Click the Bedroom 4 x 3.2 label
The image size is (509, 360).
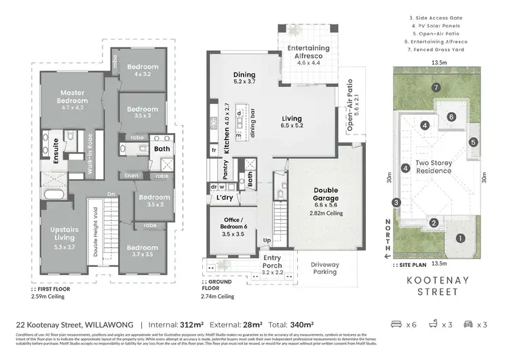point(142,70)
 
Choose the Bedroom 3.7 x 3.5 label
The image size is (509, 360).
point(143,251)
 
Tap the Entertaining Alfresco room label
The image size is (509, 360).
point(309,52)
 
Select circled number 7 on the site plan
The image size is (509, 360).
point(436,87)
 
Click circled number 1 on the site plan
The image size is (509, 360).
point(460,238)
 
